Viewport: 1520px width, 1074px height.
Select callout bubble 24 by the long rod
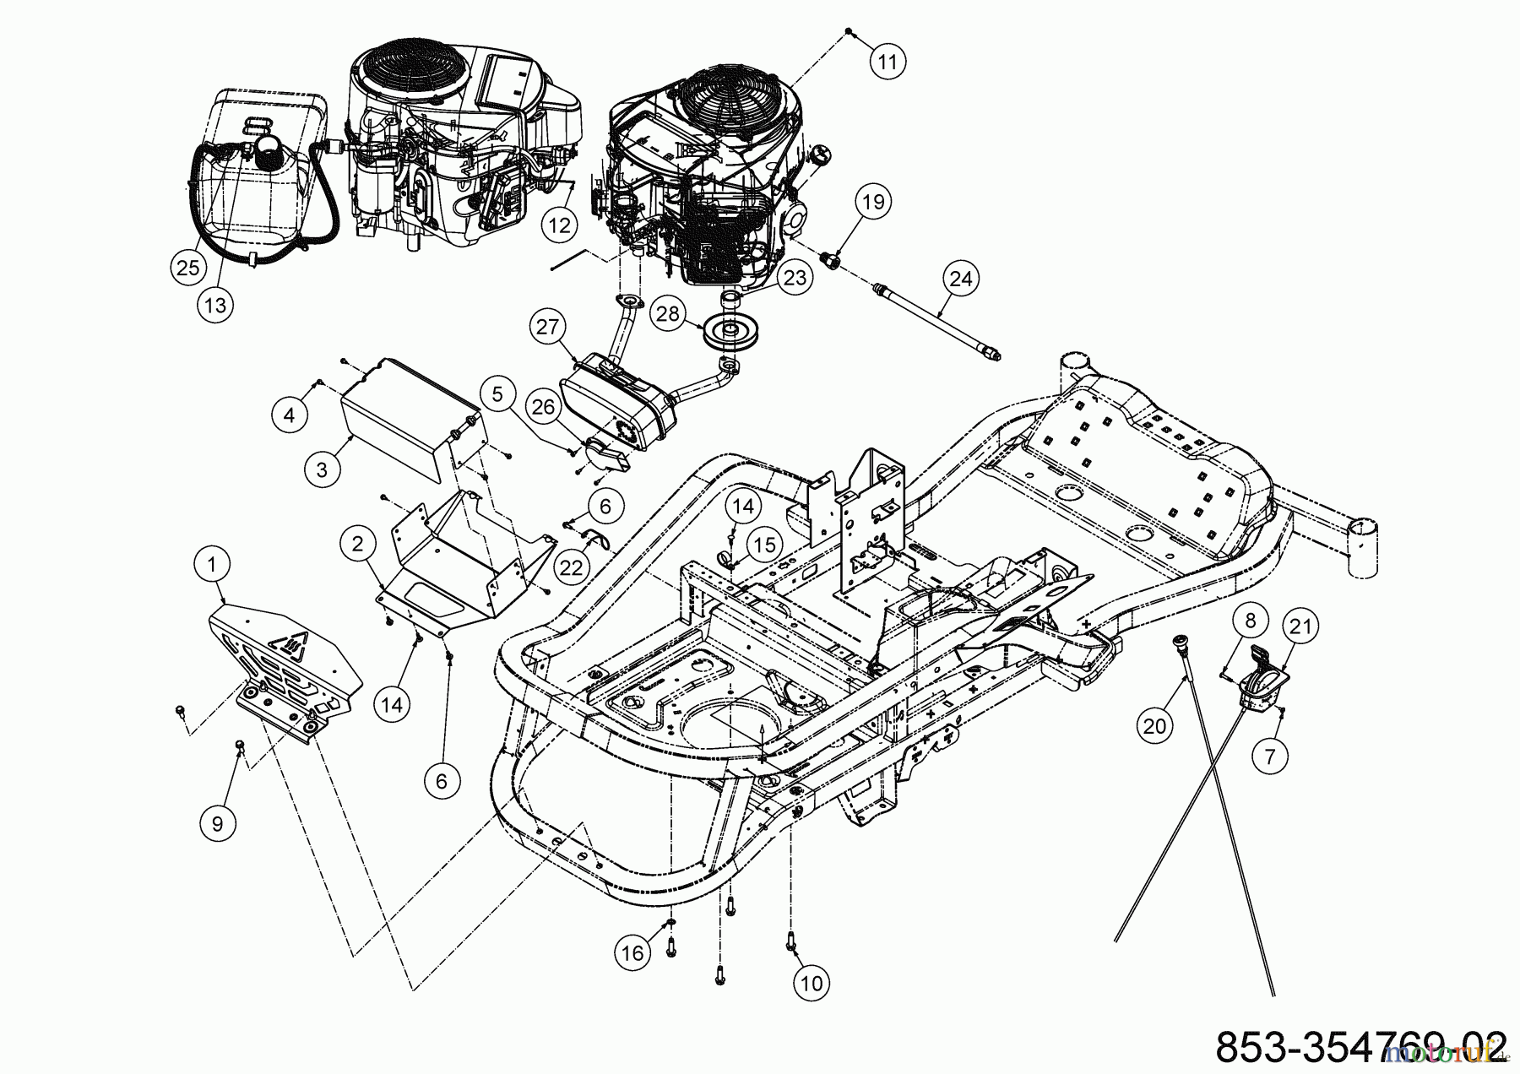961,279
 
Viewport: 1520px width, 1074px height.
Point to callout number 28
667,313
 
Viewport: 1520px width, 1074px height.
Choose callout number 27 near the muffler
548,327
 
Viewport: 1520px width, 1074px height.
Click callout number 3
321,469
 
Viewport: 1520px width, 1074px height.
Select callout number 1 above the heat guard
213,563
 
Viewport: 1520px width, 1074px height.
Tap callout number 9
217,823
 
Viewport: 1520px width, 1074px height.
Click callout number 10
811,982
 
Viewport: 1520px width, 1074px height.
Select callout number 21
1301,626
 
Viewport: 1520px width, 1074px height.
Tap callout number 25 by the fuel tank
187,267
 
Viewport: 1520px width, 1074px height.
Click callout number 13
215,304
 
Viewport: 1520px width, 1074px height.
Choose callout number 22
572,567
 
